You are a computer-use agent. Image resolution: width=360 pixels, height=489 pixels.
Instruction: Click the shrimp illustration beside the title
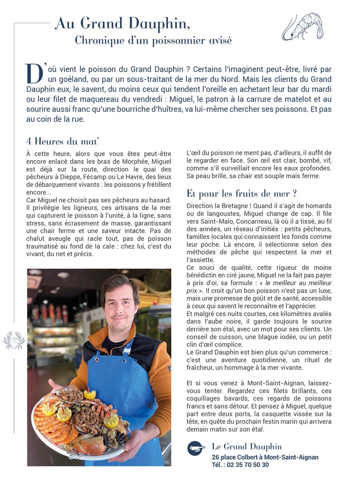click(x=302, y=26)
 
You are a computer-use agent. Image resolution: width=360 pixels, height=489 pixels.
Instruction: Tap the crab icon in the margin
click(x=14, y=341)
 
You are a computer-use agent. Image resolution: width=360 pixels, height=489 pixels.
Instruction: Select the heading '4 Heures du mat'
click(x=62, y=141)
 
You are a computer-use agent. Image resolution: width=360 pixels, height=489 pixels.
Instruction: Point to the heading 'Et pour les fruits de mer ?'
click(x=242, y=194)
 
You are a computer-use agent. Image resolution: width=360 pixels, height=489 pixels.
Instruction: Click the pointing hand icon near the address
click(x=196, y=449)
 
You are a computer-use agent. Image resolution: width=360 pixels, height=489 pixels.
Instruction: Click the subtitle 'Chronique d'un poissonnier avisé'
click(x=153, y=40)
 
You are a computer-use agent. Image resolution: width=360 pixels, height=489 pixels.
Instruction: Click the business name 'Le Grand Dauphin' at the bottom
click(x=246, y=447)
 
